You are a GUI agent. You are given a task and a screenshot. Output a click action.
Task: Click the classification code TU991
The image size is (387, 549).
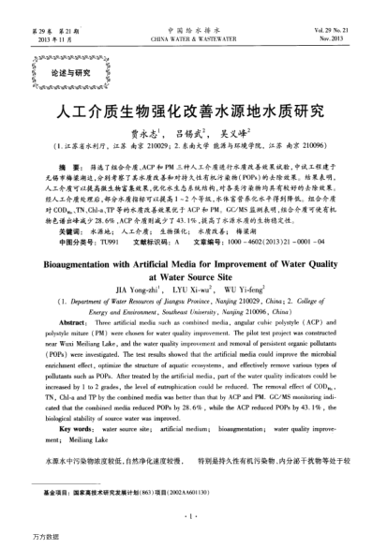pos(107,240)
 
